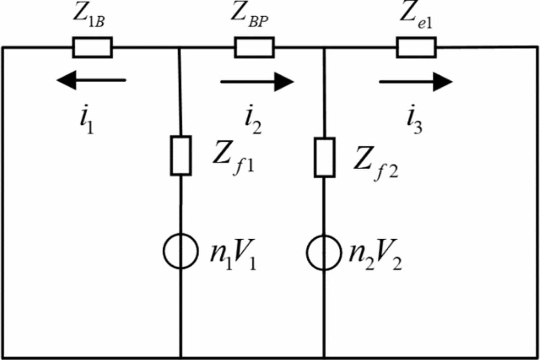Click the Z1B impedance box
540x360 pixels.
[92, 47]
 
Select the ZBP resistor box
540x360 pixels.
[254, 47]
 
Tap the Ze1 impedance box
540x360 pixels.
[416, 47]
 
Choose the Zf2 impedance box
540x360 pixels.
[324, 157]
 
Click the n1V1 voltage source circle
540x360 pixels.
[181, 251]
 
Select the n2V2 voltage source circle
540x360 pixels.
[324, 251]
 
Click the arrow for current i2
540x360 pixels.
[257, 81]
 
